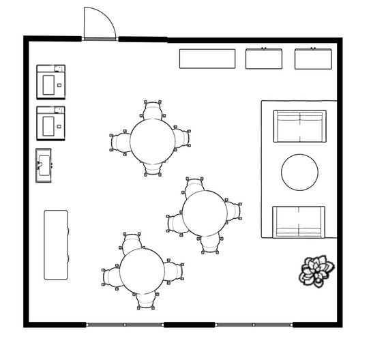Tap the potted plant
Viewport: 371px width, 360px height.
point(316,269)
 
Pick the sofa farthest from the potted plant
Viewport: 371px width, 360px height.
point(299,125)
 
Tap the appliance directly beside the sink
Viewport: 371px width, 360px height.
point(51,123)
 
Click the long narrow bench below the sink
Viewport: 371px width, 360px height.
point(57,244)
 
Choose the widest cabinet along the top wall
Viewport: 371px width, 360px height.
point(207,59)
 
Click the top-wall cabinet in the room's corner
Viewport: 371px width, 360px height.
point(314,59)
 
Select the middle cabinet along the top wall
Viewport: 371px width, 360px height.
point(264,59)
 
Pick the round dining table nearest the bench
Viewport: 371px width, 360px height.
point(143,269)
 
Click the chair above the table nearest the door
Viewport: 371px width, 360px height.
point(154,110)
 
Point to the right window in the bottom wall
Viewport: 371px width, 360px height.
point(254,325)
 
